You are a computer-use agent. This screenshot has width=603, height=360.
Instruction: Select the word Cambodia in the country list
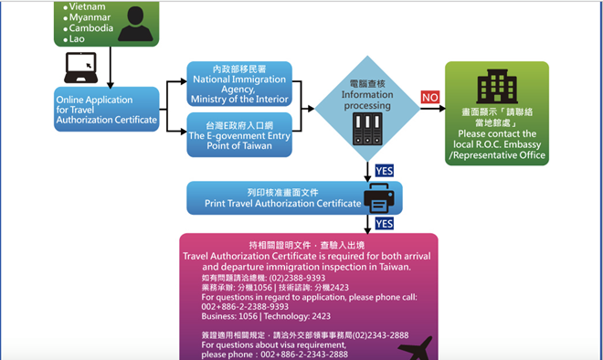(88, 27)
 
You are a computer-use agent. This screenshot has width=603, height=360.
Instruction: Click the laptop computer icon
(80, 67)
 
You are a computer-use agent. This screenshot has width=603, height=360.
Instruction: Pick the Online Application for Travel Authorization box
(107, 110)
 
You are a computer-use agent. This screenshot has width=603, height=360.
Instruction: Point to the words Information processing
(366, 100)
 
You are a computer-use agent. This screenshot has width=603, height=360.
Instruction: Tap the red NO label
(430, 97)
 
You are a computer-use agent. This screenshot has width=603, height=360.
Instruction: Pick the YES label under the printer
(384, 224)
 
